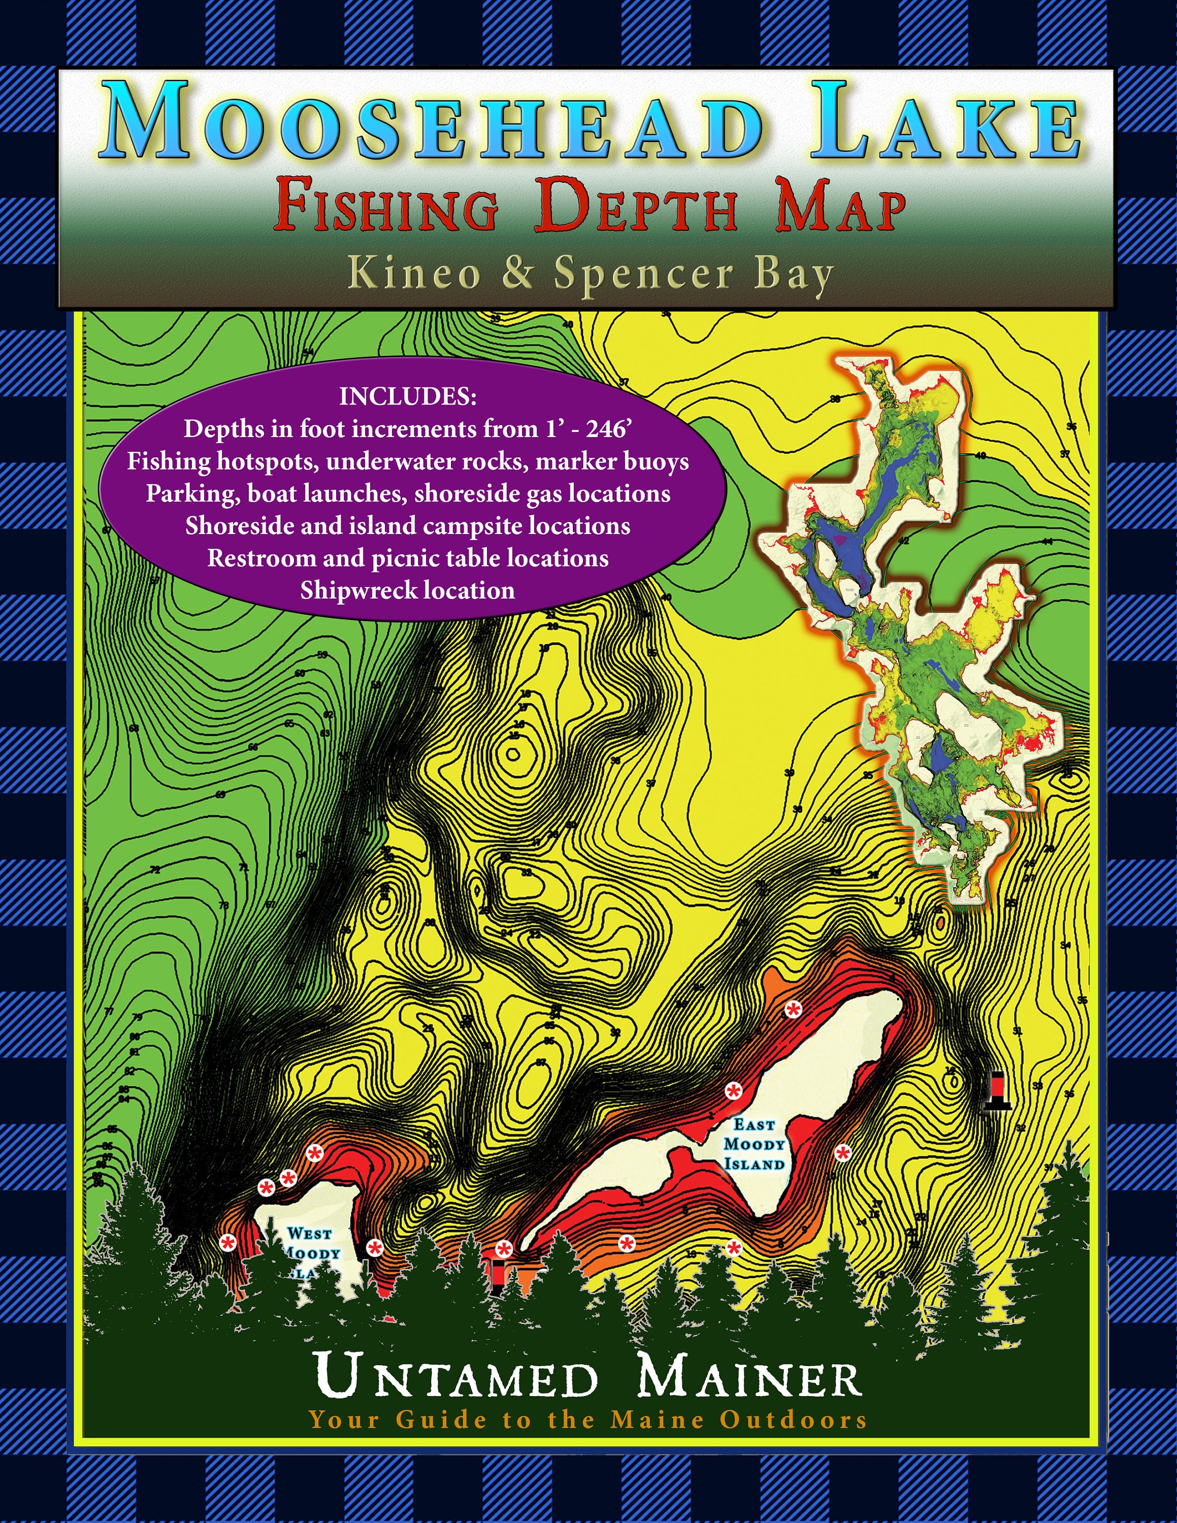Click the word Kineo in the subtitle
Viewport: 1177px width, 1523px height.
[x=415, y=273]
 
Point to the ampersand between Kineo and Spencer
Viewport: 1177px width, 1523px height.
[x=517, y=273]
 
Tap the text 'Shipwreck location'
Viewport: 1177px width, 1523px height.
[x=407, y=590]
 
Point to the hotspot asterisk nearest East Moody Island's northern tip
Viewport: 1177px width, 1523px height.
[x=793, y=1009]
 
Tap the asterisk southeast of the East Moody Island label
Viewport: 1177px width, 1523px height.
[x=843, y=1153]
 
